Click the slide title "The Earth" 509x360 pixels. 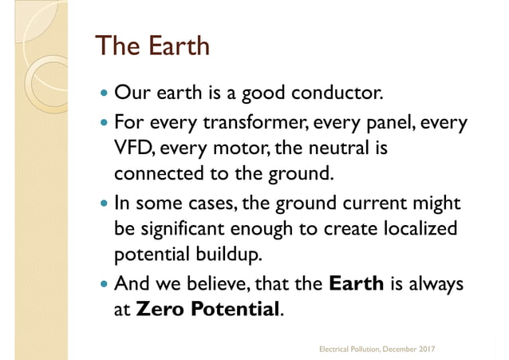[152, 45]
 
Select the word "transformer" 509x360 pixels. [243, 125]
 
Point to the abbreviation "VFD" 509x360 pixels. [134, 148]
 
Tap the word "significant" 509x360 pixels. [184, 227]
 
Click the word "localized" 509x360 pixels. [417, 227]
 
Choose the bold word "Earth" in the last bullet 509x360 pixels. [357, 283]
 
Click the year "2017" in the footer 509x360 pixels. [434, 349]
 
